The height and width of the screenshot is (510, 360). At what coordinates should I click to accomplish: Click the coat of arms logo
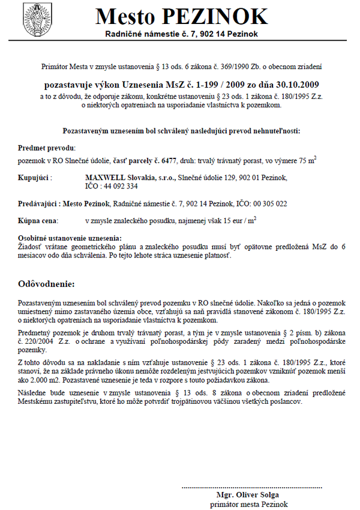point(35,20)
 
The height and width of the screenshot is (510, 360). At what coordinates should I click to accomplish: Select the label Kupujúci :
point(35,178)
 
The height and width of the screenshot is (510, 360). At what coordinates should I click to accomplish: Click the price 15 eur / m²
point(237,220)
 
